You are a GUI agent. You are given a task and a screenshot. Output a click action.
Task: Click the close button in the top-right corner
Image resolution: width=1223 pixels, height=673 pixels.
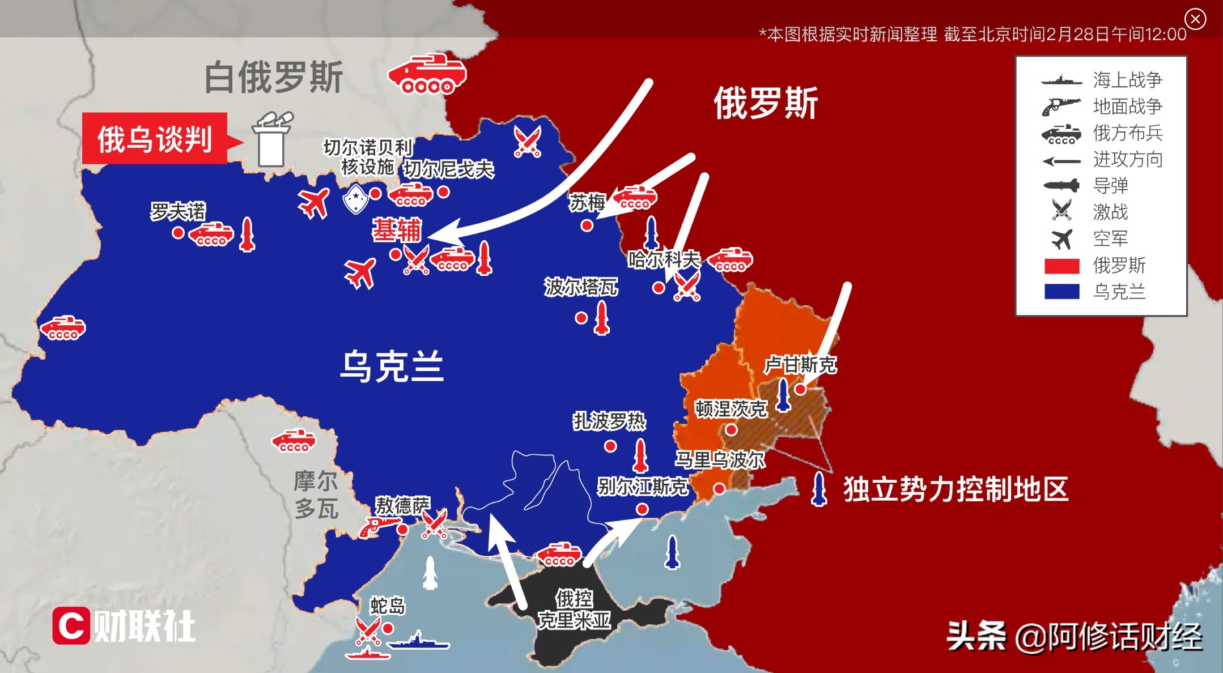[1195, 19]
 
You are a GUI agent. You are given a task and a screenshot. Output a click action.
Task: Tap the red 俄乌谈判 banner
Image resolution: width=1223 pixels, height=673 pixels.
[155, 139]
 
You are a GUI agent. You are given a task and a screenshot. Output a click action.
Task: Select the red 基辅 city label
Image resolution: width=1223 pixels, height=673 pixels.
[397, 230]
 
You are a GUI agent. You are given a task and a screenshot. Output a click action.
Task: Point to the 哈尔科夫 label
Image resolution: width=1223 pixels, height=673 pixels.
[664, 259]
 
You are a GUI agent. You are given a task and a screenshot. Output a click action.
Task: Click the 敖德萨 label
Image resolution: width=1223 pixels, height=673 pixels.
[402, 505]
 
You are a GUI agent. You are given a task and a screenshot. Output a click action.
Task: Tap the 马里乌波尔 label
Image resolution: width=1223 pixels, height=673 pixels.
[720, 459]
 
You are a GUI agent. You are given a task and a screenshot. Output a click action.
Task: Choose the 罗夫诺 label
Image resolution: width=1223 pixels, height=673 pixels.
[178, 211]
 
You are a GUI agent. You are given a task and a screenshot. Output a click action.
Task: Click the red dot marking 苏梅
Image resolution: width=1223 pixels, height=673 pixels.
[587, 225]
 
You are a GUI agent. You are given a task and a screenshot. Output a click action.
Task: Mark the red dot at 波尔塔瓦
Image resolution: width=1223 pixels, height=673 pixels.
[581, 318]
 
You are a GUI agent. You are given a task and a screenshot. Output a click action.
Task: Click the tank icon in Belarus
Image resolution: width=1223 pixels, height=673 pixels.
[427, 73]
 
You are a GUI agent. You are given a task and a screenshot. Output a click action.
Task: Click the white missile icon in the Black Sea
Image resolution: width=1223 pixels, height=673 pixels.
[431, 573]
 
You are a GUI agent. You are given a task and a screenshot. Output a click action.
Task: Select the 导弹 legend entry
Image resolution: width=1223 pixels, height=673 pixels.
[1110, 185]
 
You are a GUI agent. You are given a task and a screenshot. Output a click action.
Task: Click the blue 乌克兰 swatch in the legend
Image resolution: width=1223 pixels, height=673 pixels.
[1061, 291]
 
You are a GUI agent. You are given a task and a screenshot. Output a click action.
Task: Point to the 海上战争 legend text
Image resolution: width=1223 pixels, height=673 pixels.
[1127, 79]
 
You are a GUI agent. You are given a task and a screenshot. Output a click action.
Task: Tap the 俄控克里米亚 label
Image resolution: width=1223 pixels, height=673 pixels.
[574, 610]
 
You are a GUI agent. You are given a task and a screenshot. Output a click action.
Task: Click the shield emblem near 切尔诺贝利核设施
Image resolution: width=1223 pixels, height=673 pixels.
[355, 198]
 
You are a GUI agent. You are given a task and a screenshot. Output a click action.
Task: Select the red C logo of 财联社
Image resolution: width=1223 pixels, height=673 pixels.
[71, 625]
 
